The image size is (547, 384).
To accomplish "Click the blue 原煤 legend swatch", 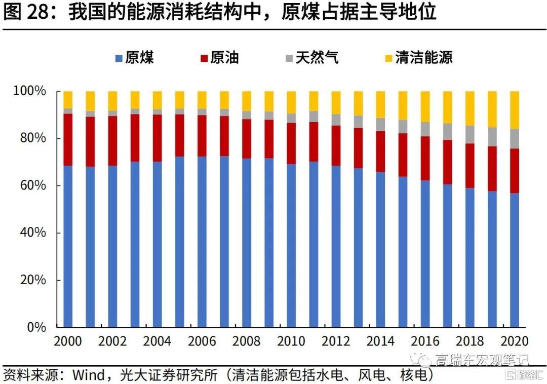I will [119, 58].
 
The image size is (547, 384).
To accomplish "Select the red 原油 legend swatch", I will [205, 58].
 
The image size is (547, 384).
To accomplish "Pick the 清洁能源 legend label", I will [424, 58].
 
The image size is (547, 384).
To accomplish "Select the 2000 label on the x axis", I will [68, 341].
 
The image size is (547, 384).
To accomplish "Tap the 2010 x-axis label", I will [291, 341].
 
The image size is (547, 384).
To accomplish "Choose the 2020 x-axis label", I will [515, 341].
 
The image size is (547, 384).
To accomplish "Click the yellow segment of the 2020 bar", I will [515, 110].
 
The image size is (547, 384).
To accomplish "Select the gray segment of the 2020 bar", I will [515, 139].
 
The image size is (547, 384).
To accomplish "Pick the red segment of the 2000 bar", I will [68, 139].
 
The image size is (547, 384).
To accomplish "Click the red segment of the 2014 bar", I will [380, 151].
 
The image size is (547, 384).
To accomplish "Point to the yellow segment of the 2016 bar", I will [425, 106].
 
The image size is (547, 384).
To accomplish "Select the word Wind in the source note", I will [91, 375].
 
